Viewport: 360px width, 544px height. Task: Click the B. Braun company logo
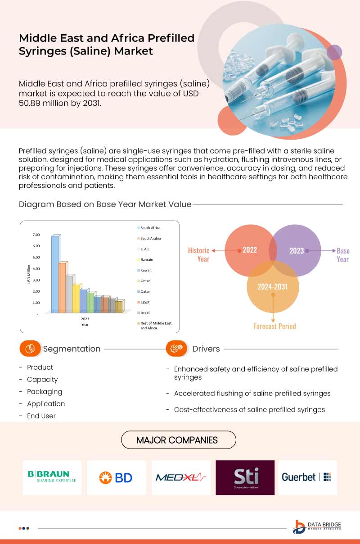pos(52,477)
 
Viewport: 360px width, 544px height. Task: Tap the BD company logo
pos(116,477)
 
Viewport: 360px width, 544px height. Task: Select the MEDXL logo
pos(181,477)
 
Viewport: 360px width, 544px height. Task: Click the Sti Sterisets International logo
pos(245,477)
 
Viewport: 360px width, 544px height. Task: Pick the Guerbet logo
pos(307,477)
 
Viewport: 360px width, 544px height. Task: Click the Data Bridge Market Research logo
pos(317,527)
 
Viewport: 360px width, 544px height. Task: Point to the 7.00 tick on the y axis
pos(36,235)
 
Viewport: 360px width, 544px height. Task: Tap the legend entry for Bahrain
pos(146,260)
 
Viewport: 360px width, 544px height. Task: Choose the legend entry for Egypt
pos(144,302)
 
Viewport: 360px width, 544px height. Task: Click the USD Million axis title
pos(29,274)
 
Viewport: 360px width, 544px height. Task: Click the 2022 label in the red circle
pos(249,250)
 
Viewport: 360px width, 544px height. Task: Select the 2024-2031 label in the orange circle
pos(272,286)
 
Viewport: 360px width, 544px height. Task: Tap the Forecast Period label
pos(274,326)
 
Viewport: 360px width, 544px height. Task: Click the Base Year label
pos(342,255)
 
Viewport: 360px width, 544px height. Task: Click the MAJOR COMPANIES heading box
pos(178,440)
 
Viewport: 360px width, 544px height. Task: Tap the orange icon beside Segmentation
pos(31,349)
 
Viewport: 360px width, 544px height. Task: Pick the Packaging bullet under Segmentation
pos(44,391)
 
